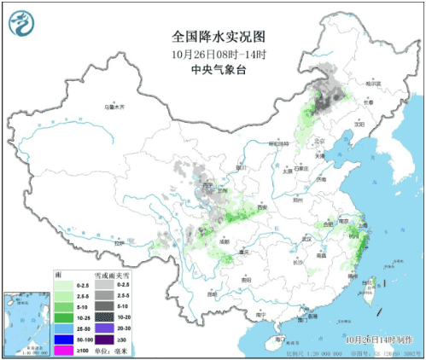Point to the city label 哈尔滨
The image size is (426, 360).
point(371,84)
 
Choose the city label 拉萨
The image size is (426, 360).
point(119,243)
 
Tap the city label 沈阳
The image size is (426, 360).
point(359,125)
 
